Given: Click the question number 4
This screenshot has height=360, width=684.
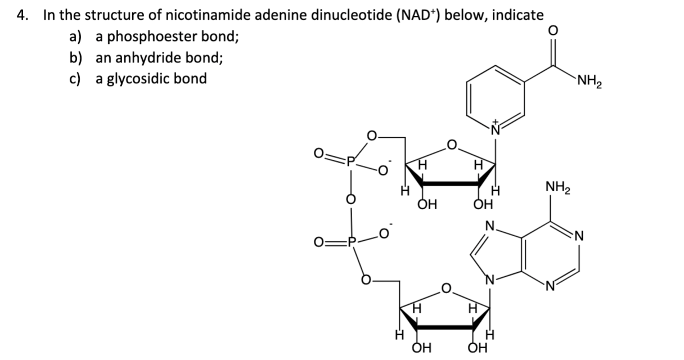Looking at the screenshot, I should [22, 16].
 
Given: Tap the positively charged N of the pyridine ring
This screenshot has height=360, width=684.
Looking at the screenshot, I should [496, 128].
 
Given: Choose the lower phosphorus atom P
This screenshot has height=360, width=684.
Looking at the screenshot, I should [351, 244].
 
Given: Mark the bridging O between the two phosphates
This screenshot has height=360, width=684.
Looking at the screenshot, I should [351, 200].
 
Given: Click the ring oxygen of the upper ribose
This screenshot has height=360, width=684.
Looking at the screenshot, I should [451, 147].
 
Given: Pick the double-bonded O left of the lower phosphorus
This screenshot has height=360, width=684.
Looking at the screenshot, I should [319, 244].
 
